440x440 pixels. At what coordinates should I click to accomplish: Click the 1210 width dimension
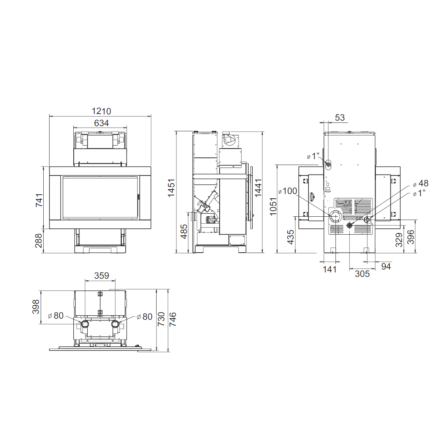tap(101, 111)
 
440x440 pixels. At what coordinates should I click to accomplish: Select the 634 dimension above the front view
tap(101, 123)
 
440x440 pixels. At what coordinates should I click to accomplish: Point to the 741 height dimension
tap(39, 200)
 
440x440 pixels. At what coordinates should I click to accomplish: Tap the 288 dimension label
tap(38, 241)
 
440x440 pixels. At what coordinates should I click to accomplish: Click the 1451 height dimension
tap(171, 188)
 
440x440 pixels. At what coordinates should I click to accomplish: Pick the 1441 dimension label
tap(258, 188)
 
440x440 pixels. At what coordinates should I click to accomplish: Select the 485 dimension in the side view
tap(184, 231)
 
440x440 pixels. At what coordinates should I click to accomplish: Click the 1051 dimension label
tap(273, 206)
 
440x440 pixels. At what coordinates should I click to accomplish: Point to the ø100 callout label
tap(288, 191)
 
